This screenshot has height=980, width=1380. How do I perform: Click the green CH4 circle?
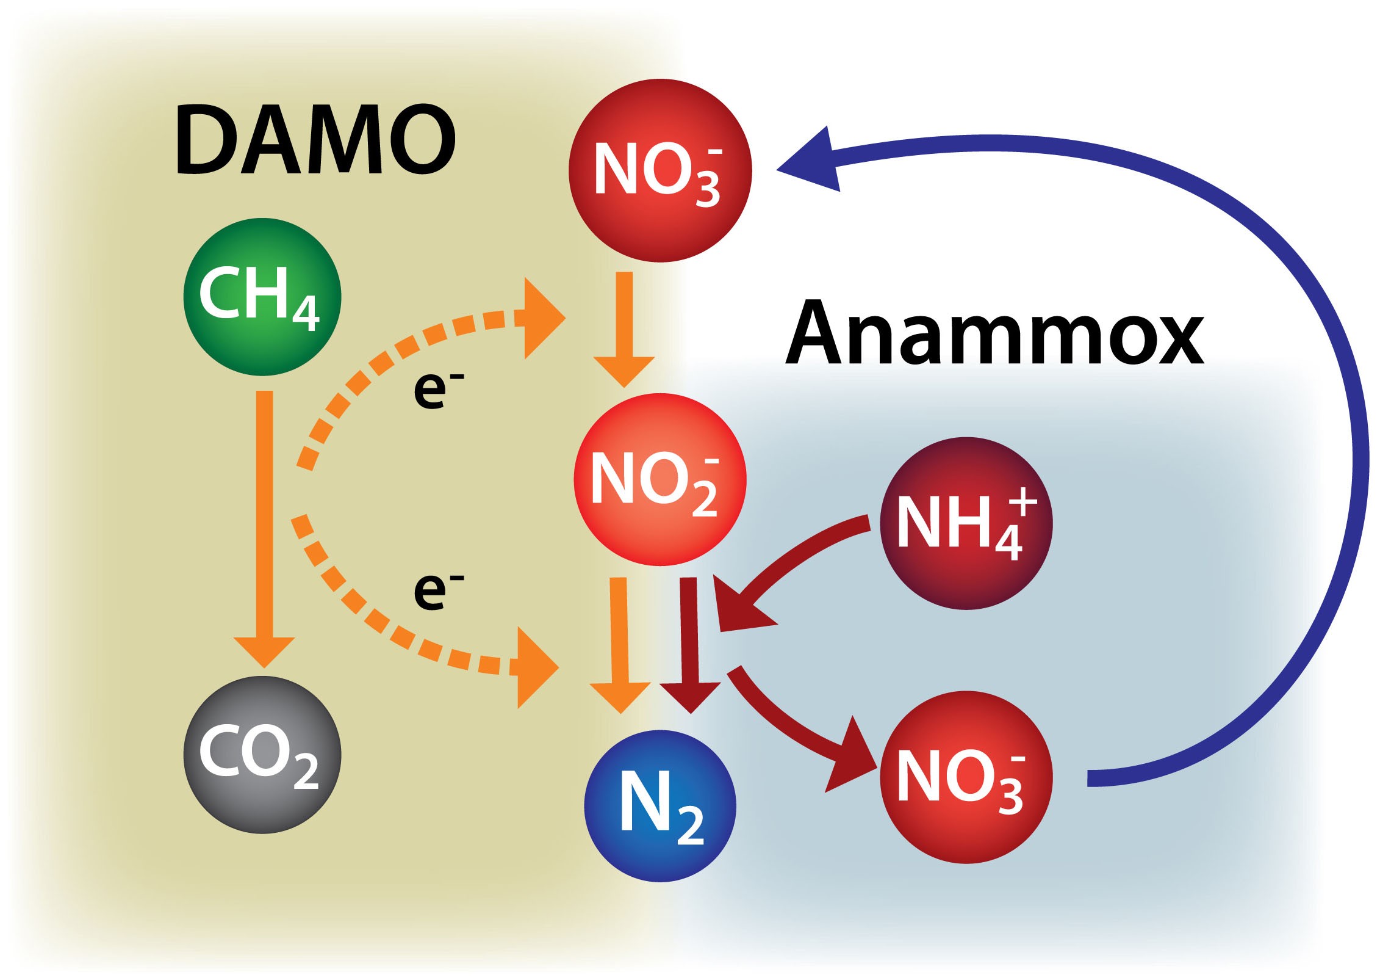pyautogui.click(x=262, y=297)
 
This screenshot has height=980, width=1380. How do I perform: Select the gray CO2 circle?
pyautogui.click(x=262, y=755)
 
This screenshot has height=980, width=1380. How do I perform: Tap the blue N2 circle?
pyautogui.click(x=660, y=806)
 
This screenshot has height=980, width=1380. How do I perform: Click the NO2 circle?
pyautogui.click(x=660, y=480)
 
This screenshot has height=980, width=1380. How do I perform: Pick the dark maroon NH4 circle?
pyautogui.click(x=966, y=523)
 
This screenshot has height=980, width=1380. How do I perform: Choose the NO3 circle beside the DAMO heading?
pyautogui.click(x=660, y=170)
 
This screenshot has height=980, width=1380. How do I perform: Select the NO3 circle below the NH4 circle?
pyautogui.click(x=966, y=777)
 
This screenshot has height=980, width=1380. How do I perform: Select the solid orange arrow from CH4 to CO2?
pyautogui.click(x=264, y=525)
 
